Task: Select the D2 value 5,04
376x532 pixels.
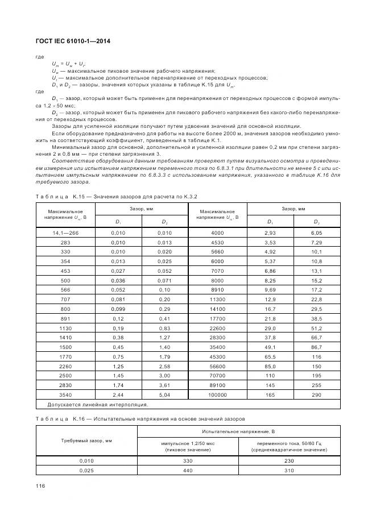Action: click(x=164, y=394)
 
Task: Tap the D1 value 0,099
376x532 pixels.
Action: click(x=117, y=309)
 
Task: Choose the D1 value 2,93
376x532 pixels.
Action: click(x=270, y=233)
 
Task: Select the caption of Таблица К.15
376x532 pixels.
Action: click(x=116, y=196)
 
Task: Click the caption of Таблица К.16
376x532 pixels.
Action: click(x=140, y=418)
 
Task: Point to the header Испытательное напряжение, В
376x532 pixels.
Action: click(x=239, y=433)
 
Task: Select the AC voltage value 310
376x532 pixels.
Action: click(x=289, y=471)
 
